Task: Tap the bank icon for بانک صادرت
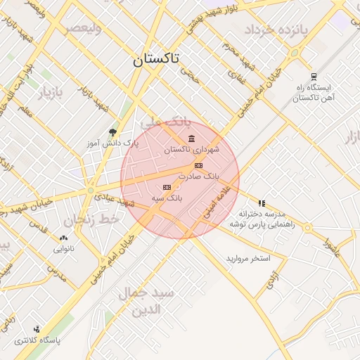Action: point(198,166)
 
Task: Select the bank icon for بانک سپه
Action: point(167,187)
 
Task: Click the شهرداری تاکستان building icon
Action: point(192,139)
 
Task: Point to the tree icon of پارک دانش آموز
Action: point(112,132)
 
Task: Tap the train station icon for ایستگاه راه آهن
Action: point(313,77)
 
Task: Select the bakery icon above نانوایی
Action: point(64,238)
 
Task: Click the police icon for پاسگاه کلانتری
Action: point(37,328)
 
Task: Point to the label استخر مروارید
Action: point(247,259)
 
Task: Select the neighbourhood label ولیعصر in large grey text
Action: point(83,29)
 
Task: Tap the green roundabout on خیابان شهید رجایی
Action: point(91,190)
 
